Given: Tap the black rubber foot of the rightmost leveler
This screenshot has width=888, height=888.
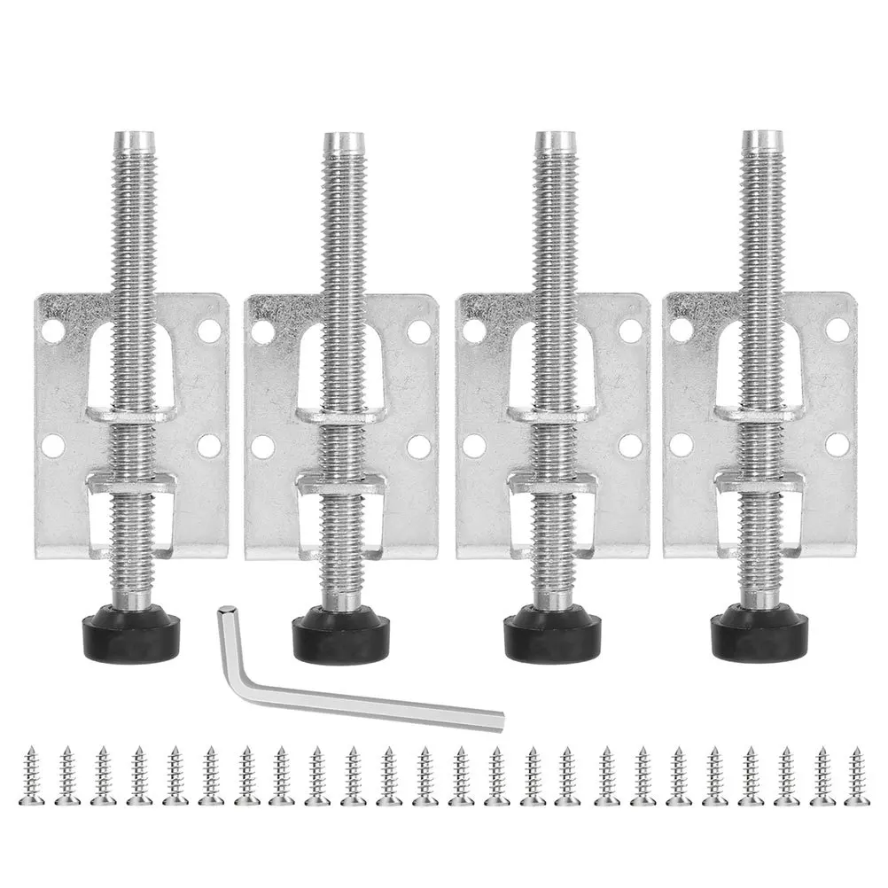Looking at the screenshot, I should tap(759, 631).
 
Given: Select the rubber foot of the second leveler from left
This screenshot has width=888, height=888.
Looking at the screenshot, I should tap(341, 631).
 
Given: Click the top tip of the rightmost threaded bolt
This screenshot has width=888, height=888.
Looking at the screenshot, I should tap(761, 138).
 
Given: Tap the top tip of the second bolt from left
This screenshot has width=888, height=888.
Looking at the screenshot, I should tap(343, 140).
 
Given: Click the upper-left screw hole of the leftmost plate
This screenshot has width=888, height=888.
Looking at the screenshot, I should tap(53, 331).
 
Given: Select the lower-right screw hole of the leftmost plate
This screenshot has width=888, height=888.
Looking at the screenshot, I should tap(209, 445).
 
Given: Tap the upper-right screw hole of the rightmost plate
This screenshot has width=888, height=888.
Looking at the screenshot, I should tap(837, 330).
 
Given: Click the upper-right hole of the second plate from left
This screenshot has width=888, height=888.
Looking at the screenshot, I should tap(419, 331).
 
